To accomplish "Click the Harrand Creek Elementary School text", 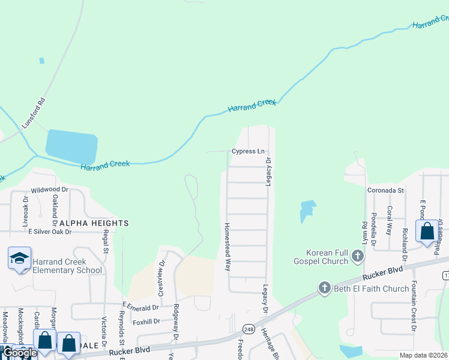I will pyautogui.click(x=67, y=266).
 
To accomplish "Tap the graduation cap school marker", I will pyautogui.click(x=19, y=259).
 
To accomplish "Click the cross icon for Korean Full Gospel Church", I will pyautogui.click(x=358, y=257).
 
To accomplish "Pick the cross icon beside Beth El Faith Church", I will pyautogui.click(x=325, y=288).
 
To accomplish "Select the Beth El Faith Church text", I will pyautogui.click(x=370, y=289).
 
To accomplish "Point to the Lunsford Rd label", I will pyautogui.click(x=34, y=113).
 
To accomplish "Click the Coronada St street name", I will pyautogui.click(x=385, y=190).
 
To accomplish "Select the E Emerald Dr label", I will pyautogui.click(x=141, y=307).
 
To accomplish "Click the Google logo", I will pyautogui.click(x=19, y=353).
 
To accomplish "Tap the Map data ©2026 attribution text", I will pyautogui.click(x=423, y=355).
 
